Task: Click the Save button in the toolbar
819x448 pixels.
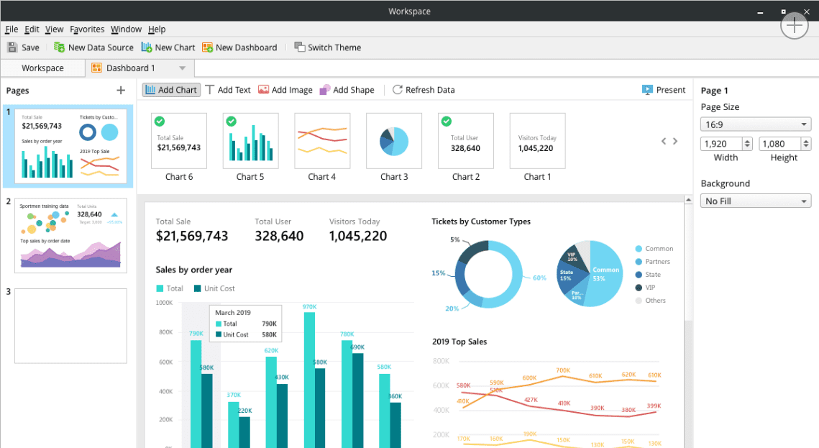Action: point(23,47)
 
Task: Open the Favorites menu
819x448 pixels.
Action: point(87,29)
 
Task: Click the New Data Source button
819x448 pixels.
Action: point(93,47)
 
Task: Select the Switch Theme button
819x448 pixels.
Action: point(327,47)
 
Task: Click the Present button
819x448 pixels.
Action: point(663,90)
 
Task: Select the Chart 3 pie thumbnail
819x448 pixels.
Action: point(394,141)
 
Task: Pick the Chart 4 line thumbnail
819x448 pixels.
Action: point(322,141)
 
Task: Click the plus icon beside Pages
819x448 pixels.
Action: point(121,91)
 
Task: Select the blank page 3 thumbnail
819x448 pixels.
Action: point(70,326)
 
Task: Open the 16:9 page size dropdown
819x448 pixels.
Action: point(755,124)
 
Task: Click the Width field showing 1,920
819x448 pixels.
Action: point(720,144)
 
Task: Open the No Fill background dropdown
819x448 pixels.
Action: point(755,201)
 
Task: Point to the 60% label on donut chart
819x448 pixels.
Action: point(539,278)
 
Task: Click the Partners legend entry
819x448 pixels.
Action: point(656,262)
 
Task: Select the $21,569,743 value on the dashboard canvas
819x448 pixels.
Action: point(192,237)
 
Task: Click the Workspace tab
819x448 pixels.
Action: point(42,68)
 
